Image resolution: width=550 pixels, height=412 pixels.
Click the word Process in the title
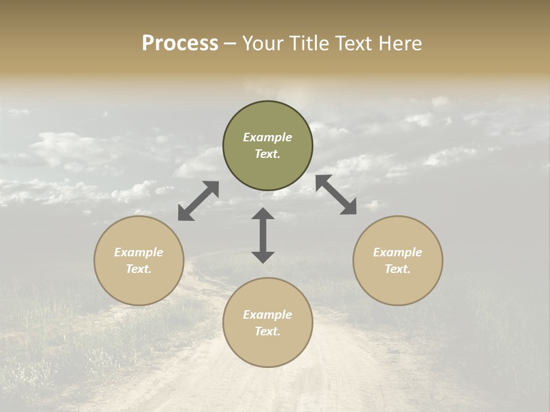click(x=180, y=43)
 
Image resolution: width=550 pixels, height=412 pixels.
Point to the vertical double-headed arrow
click(x=263, y=235)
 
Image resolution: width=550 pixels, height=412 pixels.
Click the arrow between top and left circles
click(x=198, y=201)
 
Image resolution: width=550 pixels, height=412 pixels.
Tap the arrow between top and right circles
click(x=336, y=195)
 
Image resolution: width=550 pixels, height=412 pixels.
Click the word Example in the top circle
click(x=268, y=137)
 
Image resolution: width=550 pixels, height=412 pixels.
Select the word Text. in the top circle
click(x=268, y=154)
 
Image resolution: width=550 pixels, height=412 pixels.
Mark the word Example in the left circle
click(x=139, y=252)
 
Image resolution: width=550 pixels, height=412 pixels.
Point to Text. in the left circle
click(x=139, y=269)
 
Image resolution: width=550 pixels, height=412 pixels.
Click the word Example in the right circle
click(x=398, y=252)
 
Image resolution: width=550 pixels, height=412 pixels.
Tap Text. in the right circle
click(x=398, y=269)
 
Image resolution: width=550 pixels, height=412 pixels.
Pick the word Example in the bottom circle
click(x=268, y=315)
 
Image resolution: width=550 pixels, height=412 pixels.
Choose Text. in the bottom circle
click(x=268, y=331)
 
